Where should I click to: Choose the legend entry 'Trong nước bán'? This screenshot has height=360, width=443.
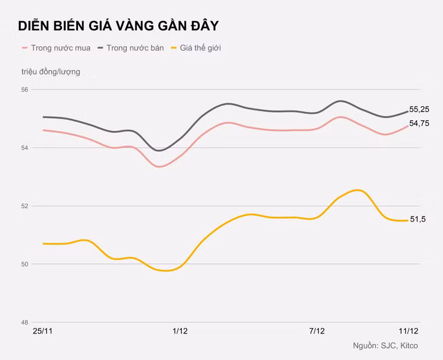[131, 48]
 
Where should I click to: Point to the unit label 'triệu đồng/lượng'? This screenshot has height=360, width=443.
[51, 71]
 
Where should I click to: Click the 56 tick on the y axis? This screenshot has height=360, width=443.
[25, 90]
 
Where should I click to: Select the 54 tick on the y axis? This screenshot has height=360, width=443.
[25, 148]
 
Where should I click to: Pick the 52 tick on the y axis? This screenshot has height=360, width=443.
[25, 206]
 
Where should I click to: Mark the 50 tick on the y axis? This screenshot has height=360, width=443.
[25, 264]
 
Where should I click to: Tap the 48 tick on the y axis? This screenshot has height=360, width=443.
[25, 322]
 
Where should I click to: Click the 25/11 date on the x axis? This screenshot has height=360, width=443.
[43, 332]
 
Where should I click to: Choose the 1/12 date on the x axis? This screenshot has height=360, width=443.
[180, 332]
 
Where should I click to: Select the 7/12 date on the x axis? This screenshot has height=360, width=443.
[317, 332]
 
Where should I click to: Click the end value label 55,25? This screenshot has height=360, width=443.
[419, 109]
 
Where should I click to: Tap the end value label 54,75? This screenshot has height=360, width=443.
[419, 123]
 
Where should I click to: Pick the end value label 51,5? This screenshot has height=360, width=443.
[418, 220]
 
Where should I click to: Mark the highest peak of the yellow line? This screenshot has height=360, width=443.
[357, 190]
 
